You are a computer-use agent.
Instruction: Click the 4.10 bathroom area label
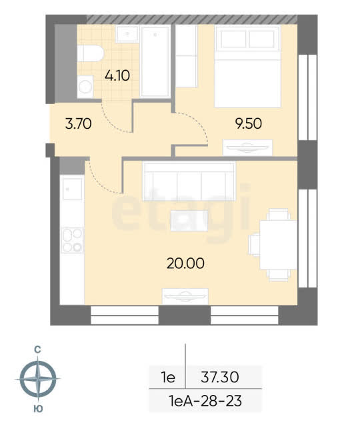(117, 75)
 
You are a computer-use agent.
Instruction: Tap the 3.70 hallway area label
(79, 124)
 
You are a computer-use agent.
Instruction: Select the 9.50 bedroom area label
(249, 123)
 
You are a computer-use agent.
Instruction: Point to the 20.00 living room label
(185, 264)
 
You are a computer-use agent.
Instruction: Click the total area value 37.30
(220, 377)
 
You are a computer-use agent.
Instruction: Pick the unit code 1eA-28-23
(205, 401)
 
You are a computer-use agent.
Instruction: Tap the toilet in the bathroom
(90, 53)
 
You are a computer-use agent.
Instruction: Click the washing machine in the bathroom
(85, 87)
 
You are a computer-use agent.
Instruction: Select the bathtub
(155, 61)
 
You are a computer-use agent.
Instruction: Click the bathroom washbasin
(127, 34)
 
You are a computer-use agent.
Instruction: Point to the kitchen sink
(73, 189)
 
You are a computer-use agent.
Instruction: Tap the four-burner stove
(73, 240)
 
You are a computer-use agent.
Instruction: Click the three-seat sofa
(189, 181)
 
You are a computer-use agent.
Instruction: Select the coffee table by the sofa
(189, 221)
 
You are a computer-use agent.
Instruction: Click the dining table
(278, 245)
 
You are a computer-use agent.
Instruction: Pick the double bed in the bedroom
(247, 67)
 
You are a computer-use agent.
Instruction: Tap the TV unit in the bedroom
(247, 148)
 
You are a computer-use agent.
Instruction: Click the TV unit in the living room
(185, 296)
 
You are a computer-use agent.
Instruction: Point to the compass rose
(38, 378)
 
